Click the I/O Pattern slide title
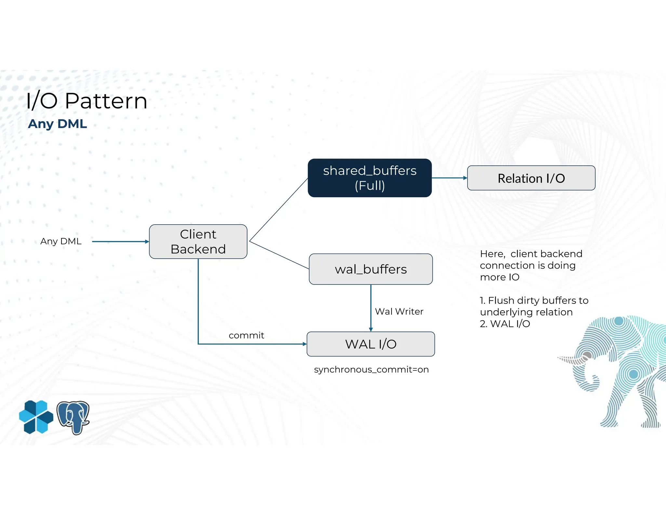tap(87, 101)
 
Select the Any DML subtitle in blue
tap(57, 124)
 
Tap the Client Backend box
tap(198, 242)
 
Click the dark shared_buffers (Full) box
tap(369, 178)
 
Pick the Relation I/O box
tap(531, 178)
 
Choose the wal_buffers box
tap(370, 269)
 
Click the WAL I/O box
tap(370, 344)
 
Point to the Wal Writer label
tap(399, 312)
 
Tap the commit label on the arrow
tap(246, 335)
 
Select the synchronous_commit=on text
tap(371, 369)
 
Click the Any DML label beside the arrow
tap(61, 241)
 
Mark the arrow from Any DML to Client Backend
tap(120, 242)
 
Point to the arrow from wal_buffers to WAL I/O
tap(371, 308)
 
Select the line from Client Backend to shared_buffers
tap(278, 210)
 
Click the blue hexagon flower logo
tap(36, 417)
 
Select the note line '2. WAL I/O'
tap(505, 324)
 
